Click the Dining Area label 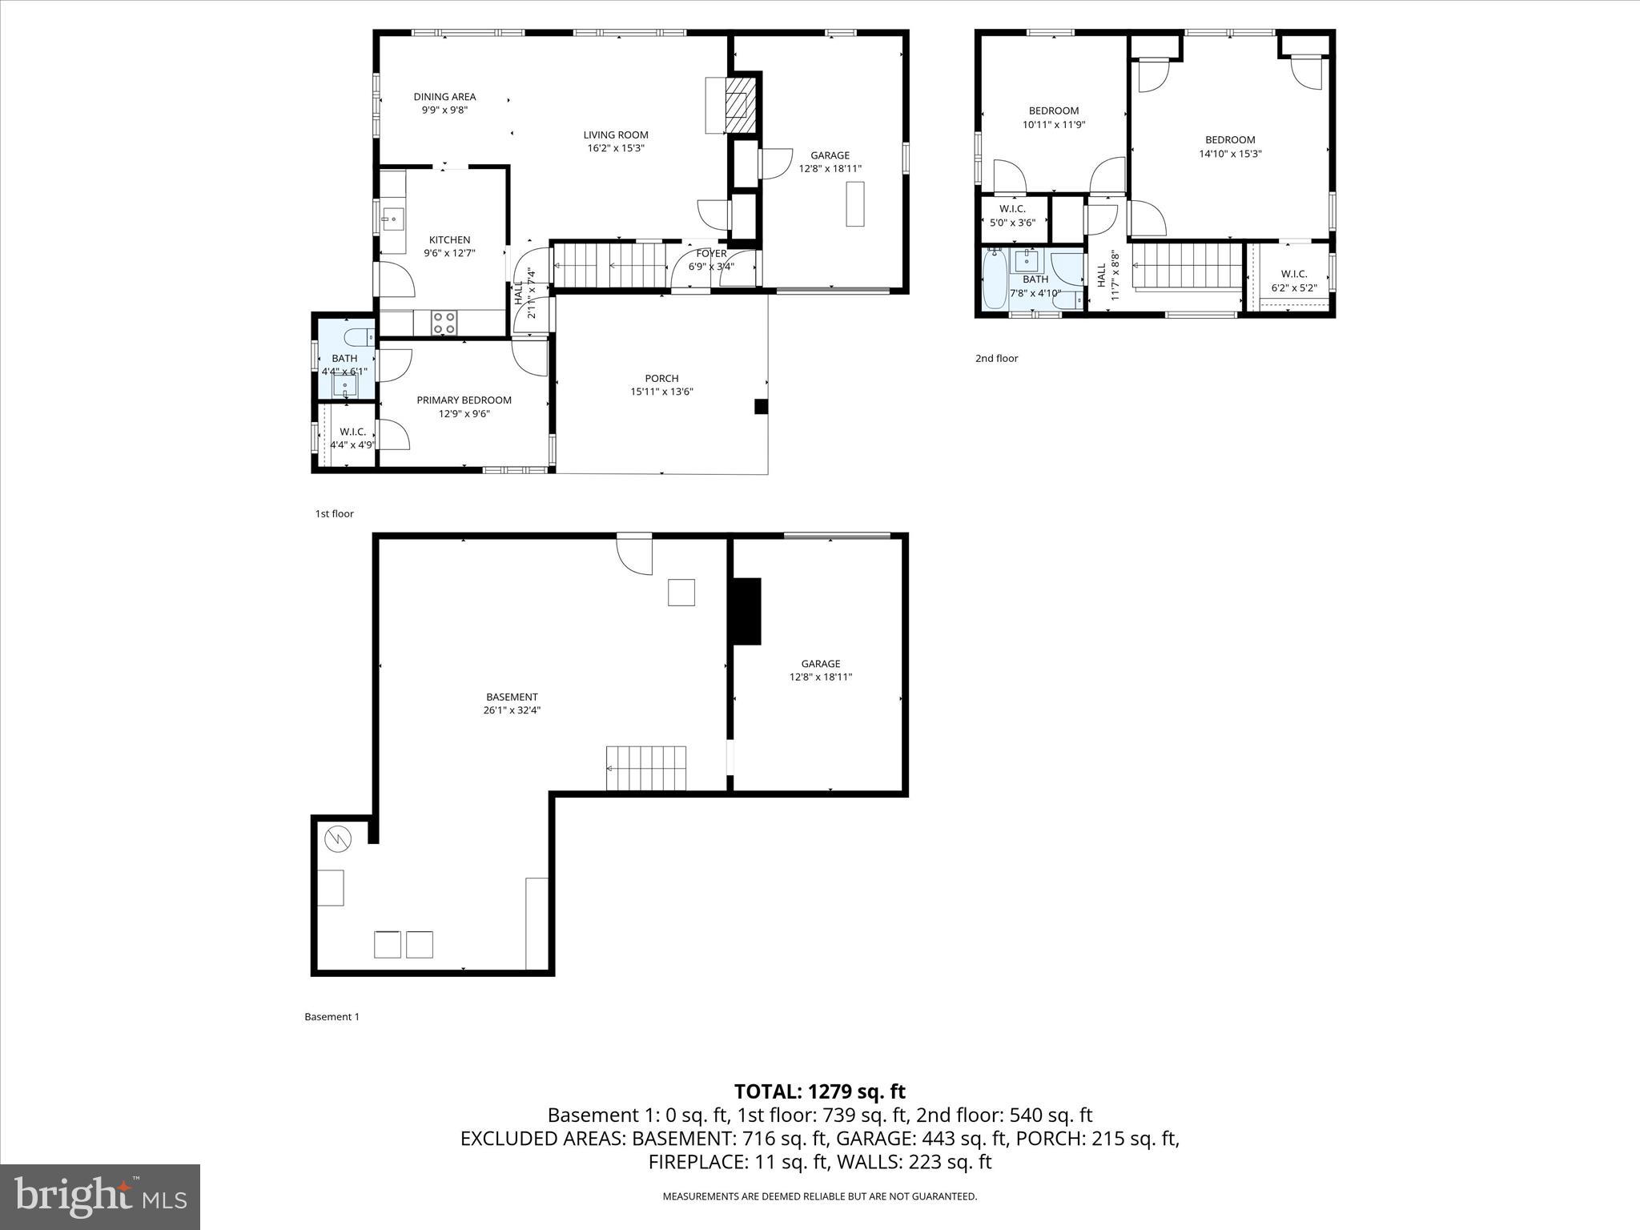(x=444, y=97)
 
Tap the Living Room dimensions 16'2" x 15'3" (x=615, y=148)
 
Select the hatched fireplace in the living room (x=742, y=105)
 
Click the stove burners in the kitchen (x=444, y=323)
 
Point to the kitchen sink (x=393, y=218)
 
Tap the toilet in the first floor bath (x=357, y=335)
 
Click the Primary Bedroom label (x=464, y=400)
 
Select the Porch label (x=661, y=379)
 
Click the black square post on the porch (x=761, y=407)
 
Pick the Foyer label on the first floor (x=711, y=254)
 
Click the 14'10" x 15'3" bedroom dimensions (x=1230, y=154)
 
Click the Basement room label (x=512, y=697)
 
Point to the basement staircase (x=646, y=768)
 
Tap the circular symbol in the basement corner (x=338, y=838)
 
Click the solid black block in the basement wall (x=745, y=611)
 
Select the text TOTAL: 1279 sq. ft (x=819, y=1091)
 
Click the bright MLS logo (x=100, y=1196)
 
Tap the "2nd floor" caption (x=996, y=358)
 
